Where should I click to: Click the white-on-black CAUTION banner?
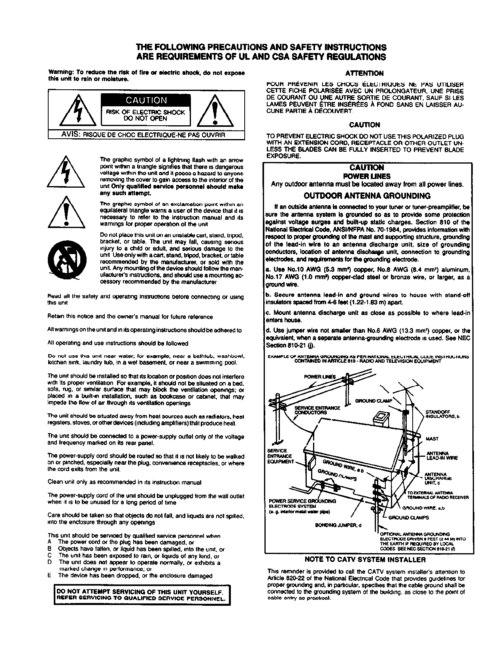(x=146, y=100)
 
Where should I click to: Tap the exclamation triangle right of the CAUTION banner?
(x=214, y=110)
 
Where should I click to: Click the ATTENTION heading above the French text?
(x=364, y=73)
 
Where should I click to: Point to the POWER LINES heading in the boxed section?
(x=367, y=176)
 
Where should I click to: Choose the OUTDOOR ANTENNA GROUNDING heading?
(x=367, y=196)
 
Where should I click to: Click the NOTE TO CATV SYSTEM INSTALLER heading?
(x=365, y=560)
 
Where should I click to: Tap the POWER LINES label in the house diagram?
(x=319, y=377)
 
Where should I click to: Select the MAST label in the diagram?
(x=432, y=439)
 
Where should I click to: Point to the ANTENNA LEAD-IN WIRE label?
(x=442, y=456)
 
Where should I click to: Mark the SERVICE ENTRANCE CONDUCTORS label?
(x=317, y=410)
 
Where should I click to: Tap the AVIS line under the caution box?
(x=143, y=134)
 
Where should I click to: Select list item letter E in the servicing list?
(x=49, y=576)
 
